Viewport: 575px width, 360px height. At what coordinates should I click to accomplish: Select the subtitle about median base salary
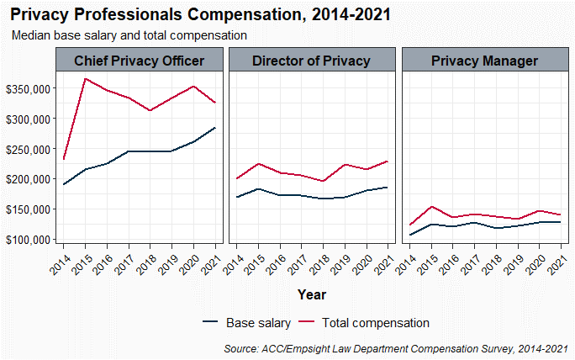click(129, 35)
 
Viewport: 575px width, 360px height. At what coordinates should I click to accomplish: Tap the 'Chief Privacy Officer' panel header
click(140, 61)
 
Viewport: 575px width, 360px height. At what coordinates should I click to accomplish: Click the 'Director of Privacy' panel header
click(311, 61)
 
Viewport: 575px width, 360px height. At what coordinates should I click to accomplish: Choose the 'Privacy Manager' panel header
click(484, 61)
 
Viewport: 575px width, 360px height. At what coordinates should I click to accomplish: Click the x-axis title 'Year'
click(311, 294)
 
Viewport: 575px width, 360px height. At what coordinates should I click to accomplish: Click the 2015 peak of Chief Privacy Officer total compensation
click(86, 78)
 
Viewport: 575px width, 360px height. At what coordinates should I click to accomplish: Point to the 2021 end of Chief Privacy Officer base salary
click(216, 128)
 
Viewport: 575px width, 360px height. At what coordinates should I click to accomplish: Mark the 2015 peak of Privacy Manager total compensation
click(431, 207)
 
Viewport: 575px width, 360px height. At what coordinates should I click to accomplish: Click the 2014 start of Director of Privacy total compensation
click(238, 178)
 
